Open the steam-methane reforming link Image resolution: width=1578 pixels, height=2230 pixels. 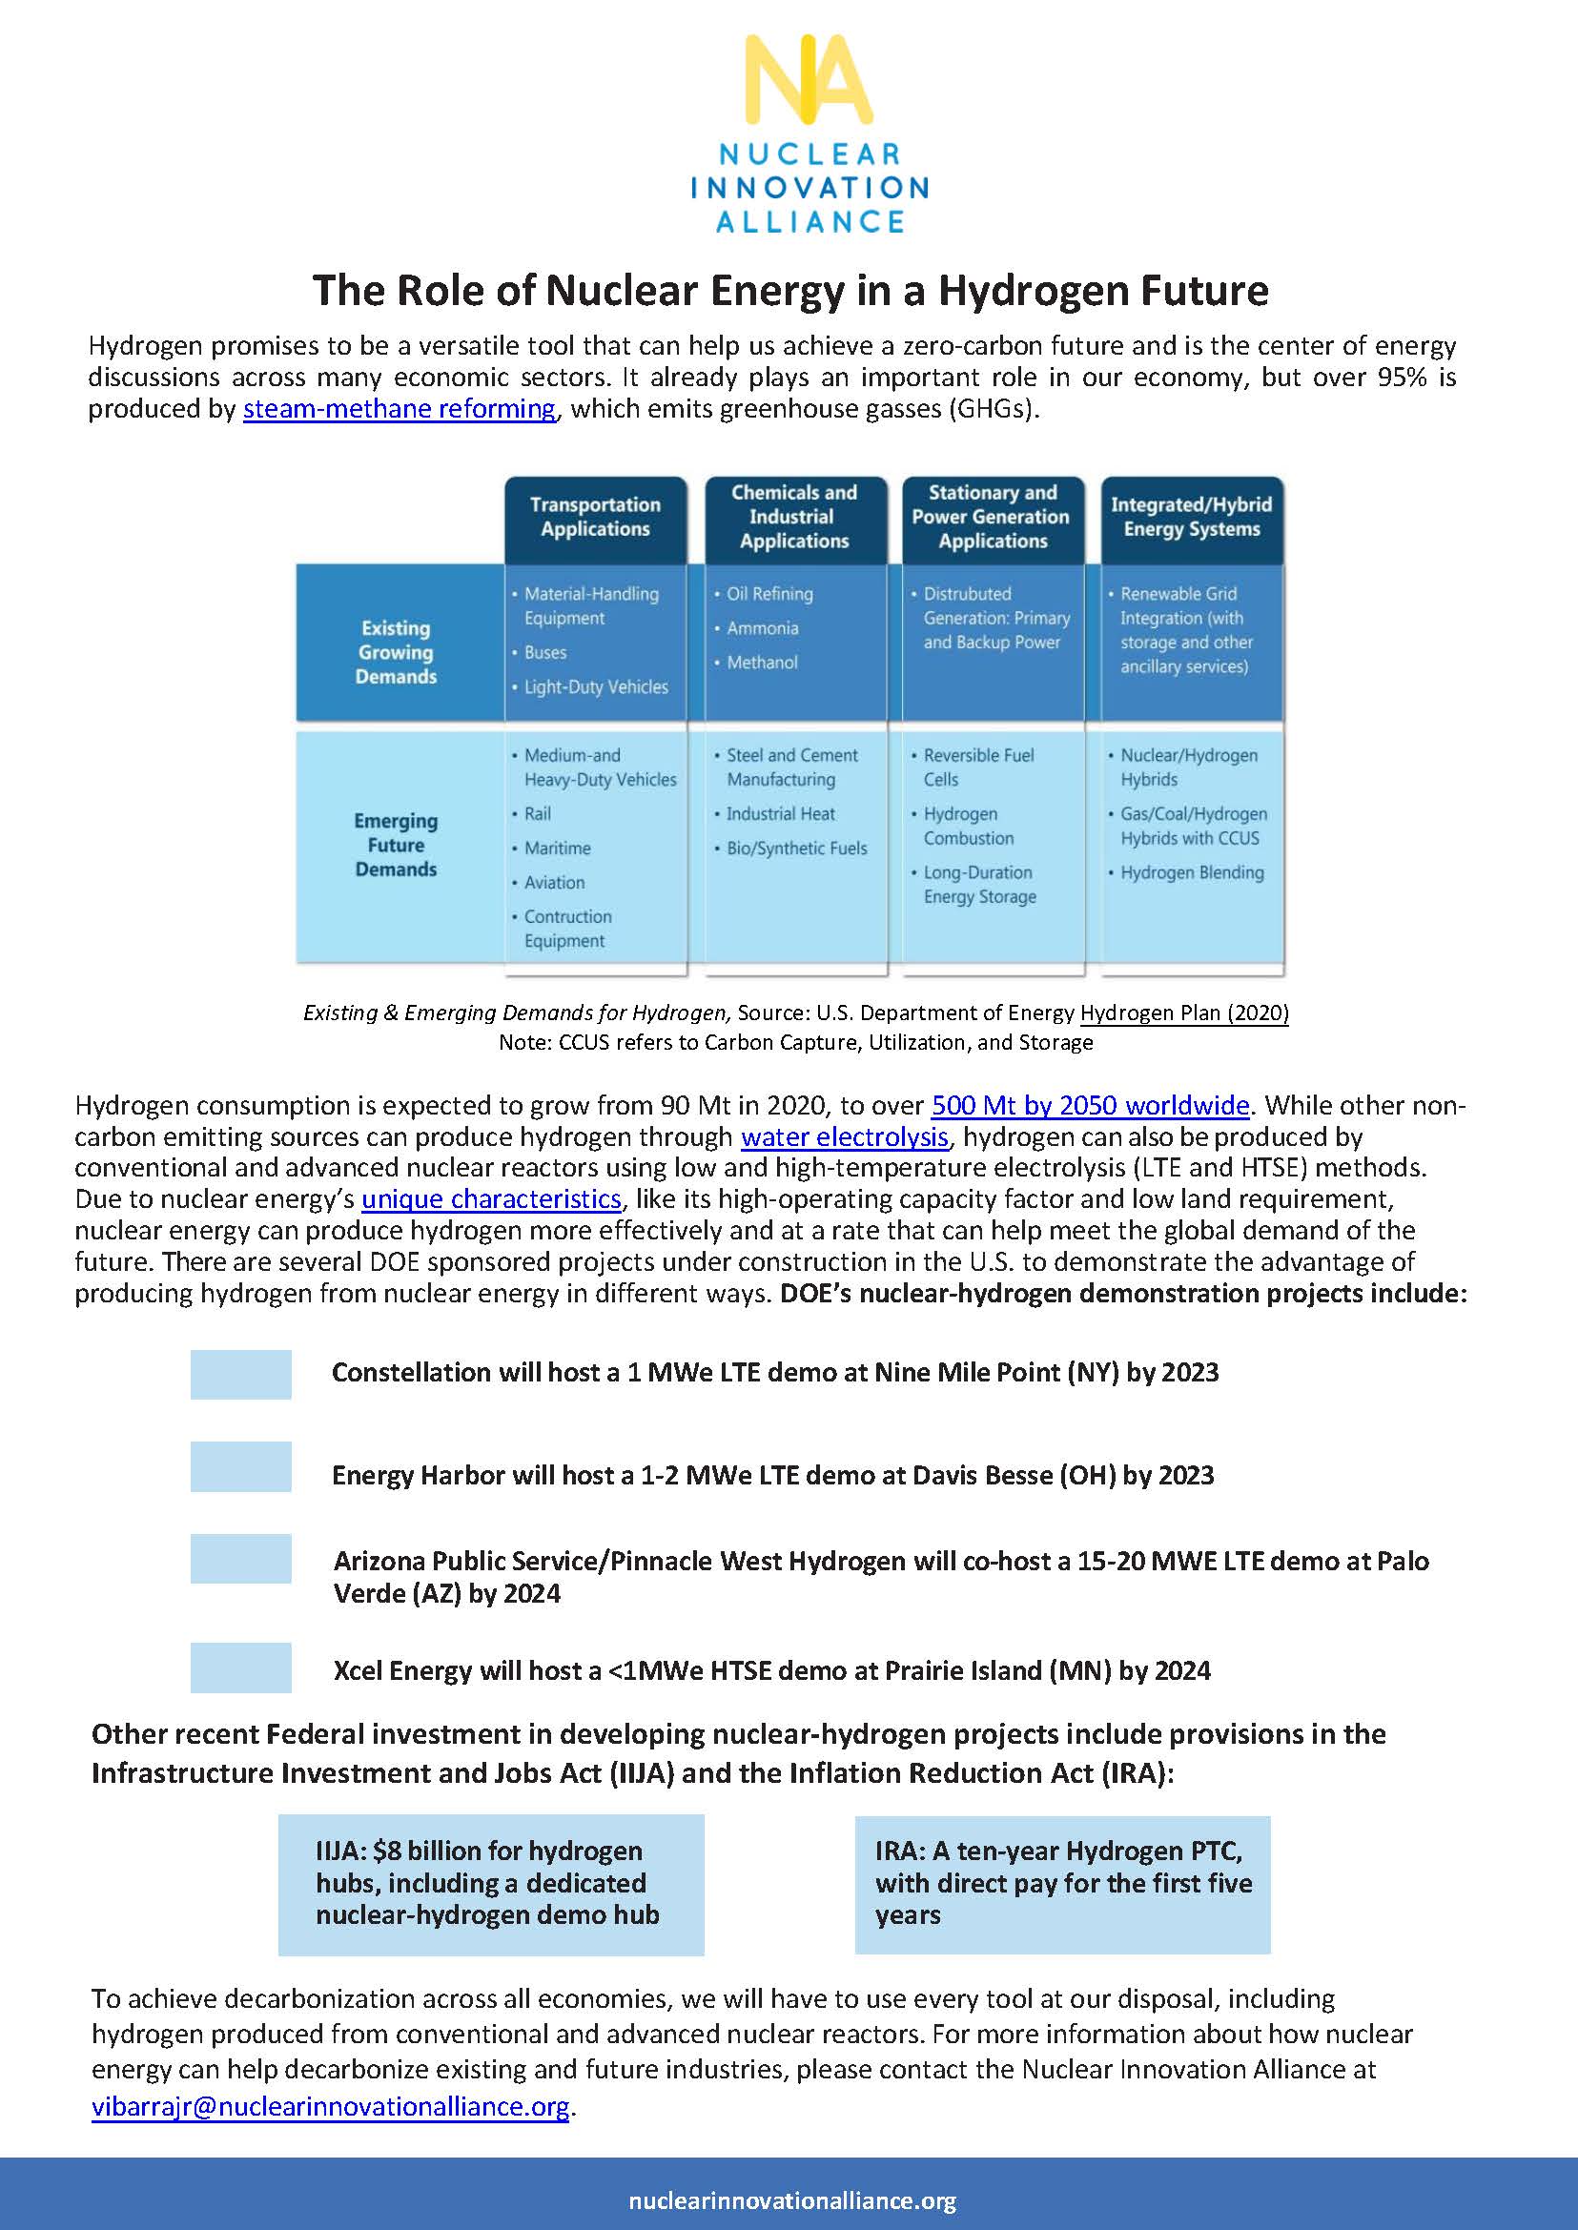pos(399,408)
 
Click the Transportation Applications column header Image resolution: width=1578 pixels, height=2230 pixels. pos(595,517)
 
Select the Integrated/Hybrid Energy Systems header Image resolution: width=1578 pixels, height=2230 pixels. pos(1191,517)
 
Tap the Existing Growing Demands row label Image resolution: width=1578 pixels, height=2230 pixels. pos(396,652)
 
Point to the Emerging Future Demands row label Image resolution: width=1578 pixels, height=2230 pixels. pos(396,845)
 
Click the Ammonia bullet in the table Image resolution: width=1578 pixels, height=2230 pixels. pos(762,628)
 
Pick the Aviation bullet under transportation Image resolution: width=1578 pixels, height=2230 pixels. pos(554,882)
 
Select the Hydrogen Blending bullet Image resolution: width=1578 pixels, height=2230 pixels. pos(1191,872)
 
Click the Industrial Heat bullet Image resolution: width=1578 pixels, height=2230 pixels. pos(780,814)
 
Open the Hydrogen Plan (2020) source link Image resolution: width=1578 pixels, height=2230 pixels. pos(1183,1013)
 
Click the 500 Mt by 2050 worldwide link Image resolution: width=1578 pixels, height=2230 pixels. pos(1089,1105)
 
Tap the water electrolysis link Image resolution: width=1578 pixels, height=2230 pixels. pos(844,1136)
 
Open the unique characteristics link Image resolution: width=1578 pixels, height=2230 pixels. pos(491,1199)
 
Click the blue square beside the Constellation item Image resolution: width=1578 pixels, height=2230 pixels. pos(240,1374)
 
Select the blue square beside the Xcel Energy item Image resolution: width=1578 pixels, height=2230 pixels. pos(240,1667)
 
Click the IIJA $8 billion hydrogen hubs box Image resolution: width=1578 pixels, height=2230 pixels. pos(491,1884)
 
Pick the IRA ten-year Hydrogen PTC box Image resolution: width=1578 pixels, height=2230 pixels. pos(1062,1884)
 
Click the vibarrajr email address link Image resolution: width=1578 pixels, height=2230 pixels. pos(329,2106)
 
